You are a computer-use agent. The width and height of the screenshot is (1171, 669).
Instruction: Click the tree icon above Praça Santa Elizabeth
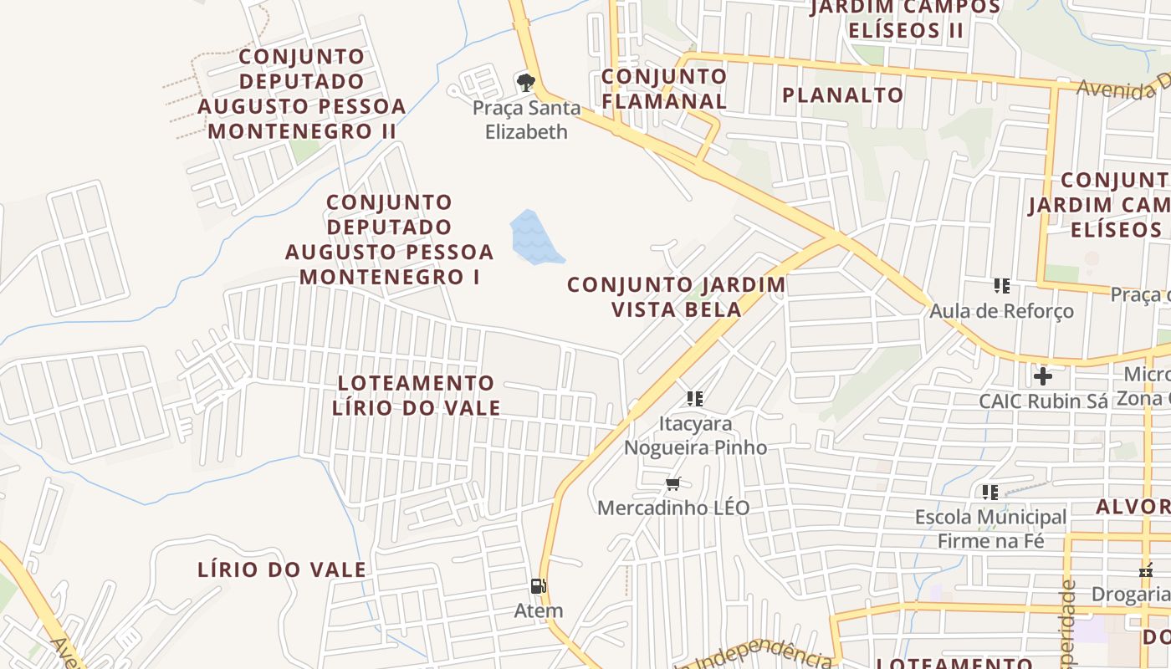pos(525,82)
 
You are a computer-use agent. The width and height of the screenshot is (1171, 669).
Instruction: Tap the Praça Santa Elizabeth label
pos(526,120)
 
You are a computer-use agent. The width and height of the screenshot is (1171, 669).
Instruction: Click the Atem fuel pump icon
pos(539,586)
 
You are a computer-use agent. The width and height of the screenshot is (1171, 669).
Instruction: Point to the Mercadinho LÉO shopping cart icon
pos(673,483)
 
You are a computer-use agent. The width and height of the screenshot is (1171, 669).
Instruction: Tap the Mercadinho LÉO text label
pos(673,508)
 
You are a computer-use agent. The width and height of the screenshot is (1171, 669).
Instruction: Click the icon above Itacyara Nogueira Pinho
pos(695,399)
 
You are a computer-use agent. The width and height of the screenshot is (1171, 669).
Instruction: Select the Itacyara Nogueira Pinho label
pos(695,435)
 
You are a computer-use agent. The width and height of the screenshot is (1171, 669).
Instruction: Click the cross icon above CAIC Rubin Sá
pos(1042,375)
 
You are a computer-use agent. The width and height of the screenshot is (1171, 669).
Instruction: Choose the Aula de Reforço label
pos(1001,311)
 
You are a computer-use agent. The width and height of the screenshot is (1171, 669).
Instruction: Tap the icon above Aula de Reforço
pos(1002,286)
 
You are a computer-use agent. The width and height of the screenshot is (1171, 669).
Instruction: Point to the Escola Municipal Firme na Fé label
pos(990,529)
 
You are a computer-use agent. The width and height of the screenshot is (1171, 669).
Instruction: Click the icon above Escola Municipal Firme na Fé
pos(990,492)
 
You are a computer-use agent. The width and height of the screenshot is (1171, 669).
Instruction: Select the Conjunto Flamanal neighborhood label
pos(664,89)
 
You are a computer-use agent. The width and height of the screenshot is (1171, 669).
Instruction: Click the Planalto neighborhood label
pos(842,94)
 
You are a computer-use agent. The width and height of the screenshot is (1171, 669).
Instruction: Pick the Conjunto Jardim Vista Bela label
pos(677,297)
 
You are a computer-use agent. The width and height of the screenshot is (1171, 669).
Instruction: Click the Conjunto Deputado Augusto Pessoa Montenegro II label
pos(302,94)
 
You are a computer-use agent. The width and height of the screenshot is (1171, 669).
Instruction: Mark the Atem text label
pos(539,610)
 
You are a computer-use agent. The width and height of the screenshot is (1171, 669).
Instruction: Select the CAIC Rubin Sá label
pos(1043,401)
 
